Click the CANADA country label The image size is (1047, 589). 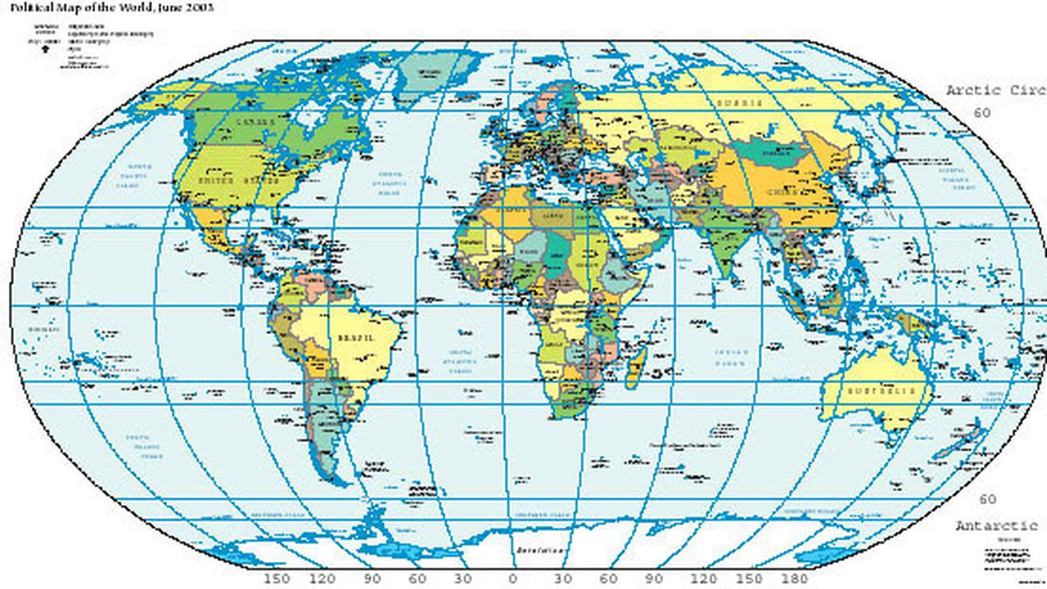point(257,123)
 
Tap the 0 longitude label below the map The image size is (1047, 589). point(512,579)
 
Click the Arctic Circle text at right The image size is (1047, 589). point(995,91)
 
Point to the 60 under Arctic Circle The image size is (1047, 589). point(982,113)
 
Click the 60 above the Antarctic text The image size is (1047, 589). point(987,500)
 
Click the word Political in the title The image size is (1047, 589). point(31,7)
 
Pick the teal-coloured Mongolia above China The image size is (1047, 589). point(772,152)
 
